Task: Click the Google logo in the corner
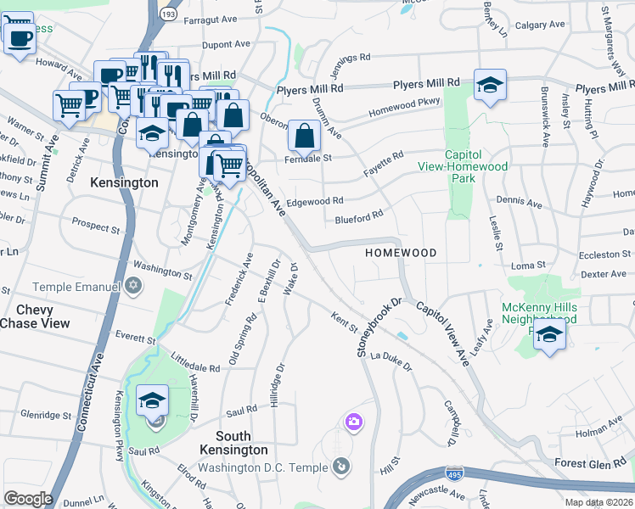28,499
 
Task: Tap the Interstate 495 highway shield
455,470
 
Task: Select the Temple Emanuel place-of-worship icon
132,287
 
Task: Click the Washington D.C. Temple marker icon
340,465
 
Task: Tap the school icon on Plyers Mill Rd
490,85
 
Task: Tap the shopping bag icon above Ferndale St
304,134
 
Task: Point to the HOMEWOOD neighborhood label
401,254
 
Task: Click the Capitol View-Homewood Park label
475,167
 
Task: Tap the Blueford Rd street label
359,218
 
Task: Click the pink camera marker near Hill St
354,421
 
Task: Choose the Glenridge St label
47,415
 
